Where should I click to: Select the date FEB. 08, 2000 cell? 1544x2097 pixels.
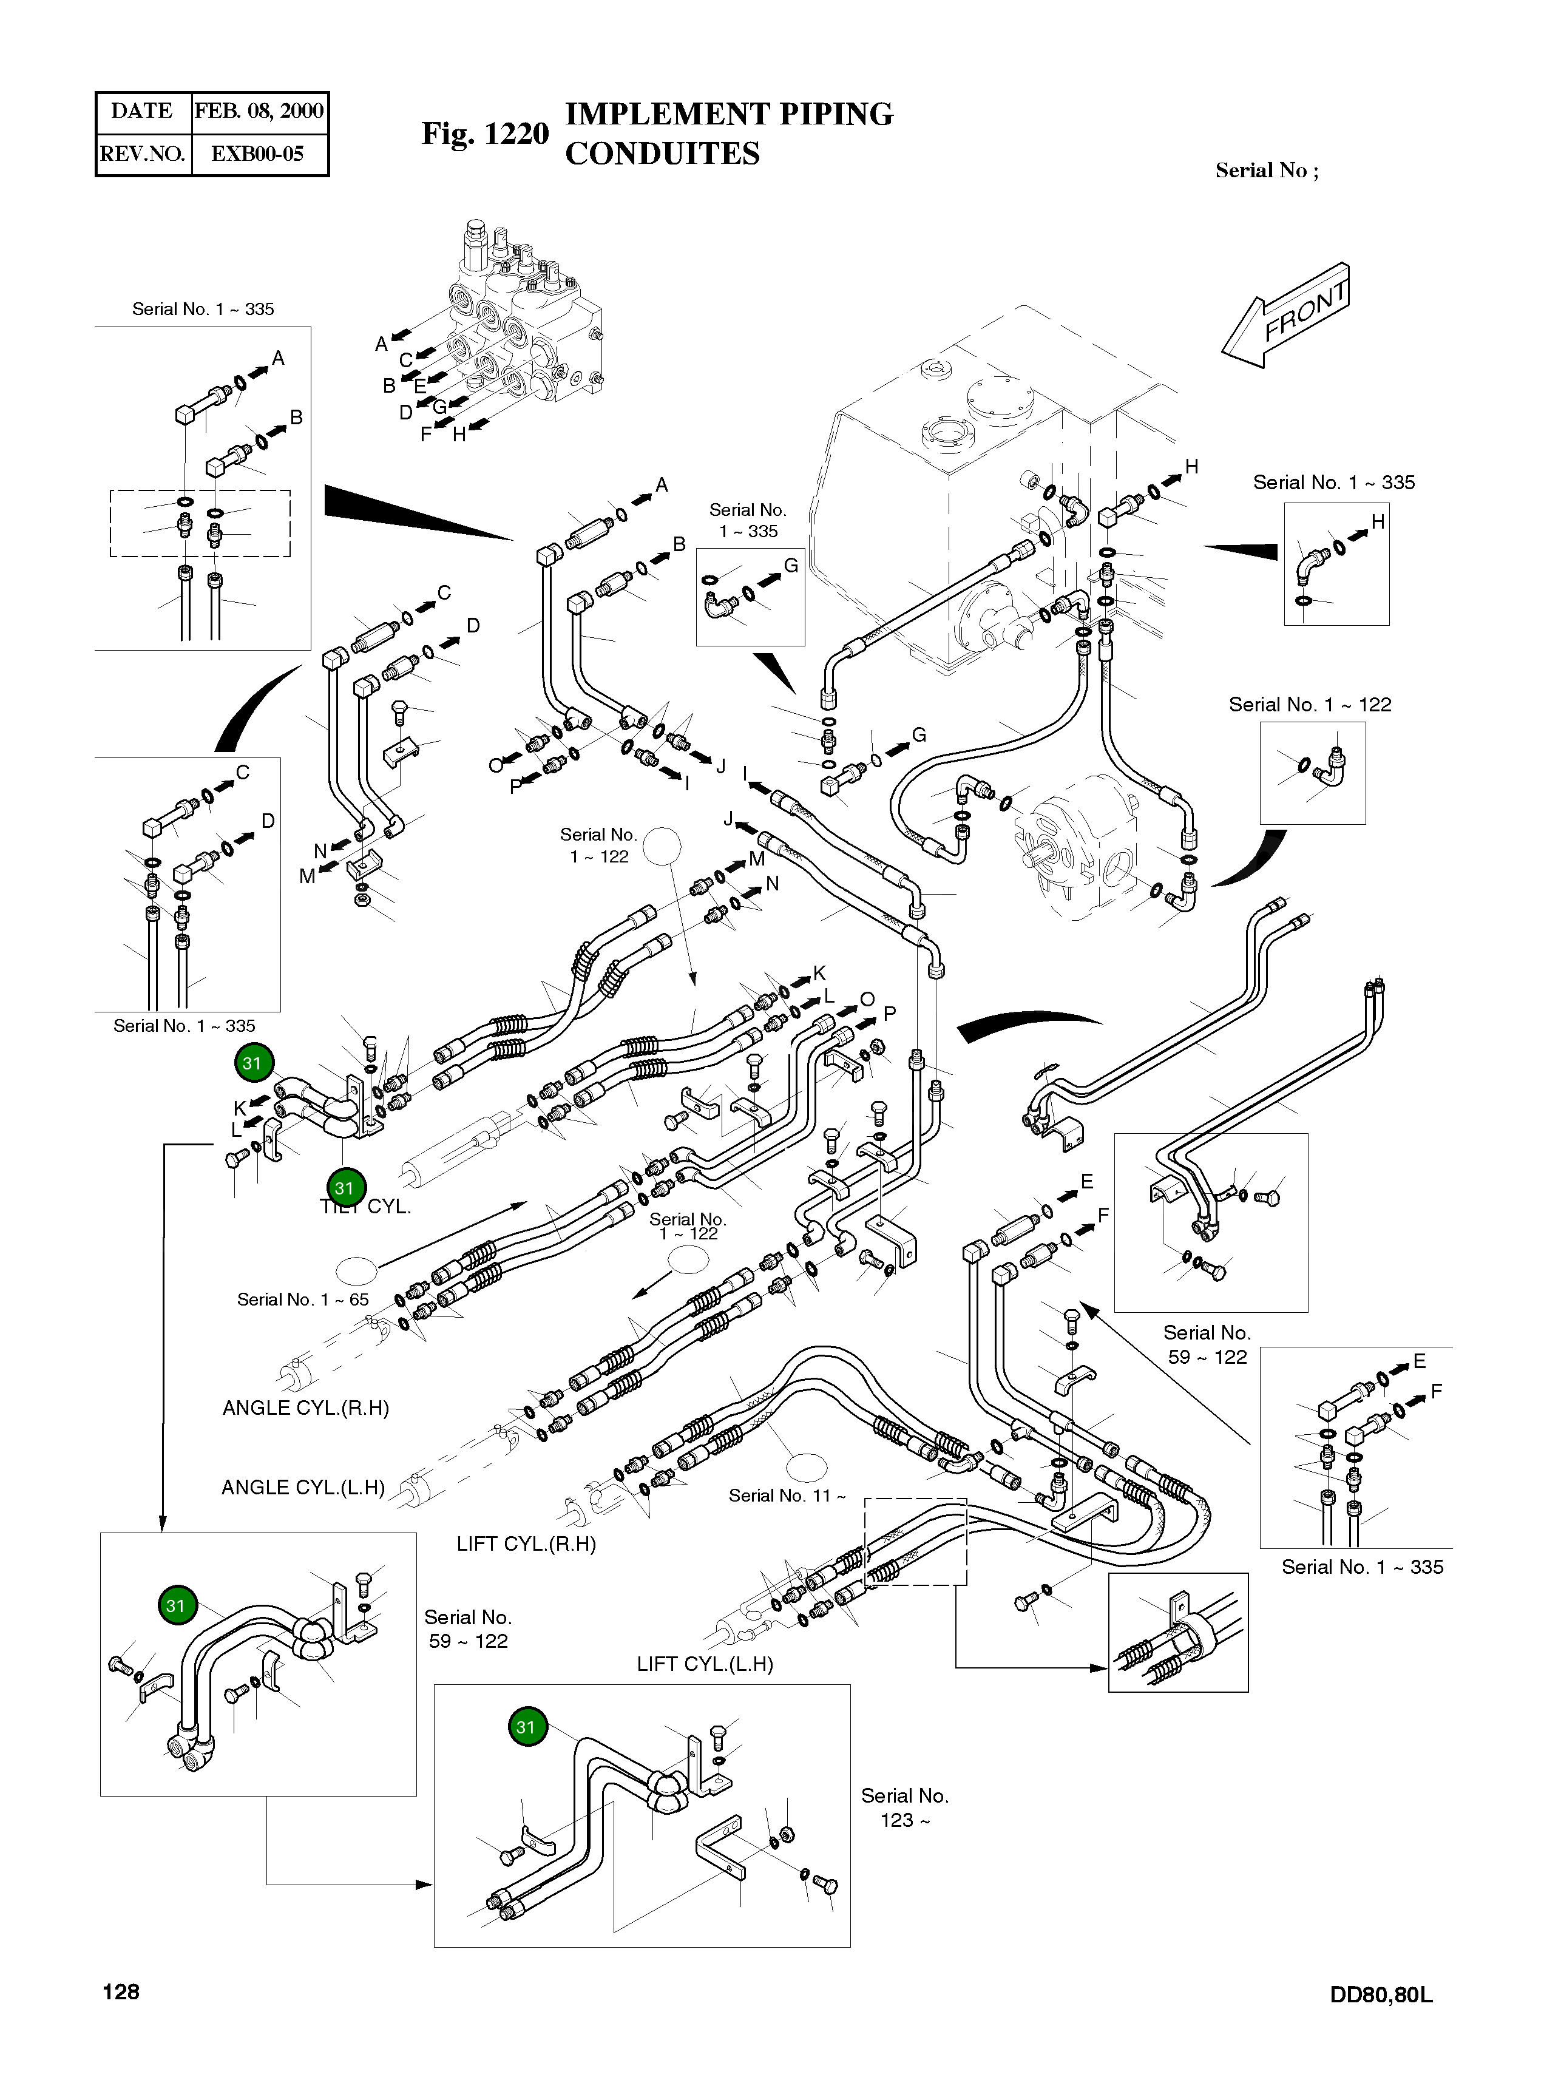(259, 111)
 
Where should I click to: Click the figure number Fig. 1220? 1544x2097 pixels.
(485, 134)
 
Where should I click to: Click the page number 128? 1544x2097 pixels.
(121, 1991)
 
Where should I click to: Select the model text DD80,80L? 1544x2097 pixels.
(1381, 1994)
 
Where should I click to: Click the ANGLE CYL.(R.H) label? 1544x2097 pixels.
(306, 1408)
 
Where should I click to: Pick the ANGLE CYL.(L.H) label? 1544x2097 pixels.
(303, 1487)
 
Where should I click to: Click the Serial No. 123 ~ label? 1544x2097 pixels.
(905, 1807)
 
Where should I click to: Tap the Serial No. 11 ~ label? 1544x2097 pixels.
(787, 1495)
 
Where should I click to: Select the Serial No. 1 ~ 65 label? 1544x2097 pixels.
(303, 1299)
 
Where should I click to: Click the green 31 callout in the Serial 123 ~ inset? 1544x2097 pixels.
(526, 1727)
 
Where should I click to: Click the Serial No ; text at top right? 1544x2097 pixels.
(1267, 170)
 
